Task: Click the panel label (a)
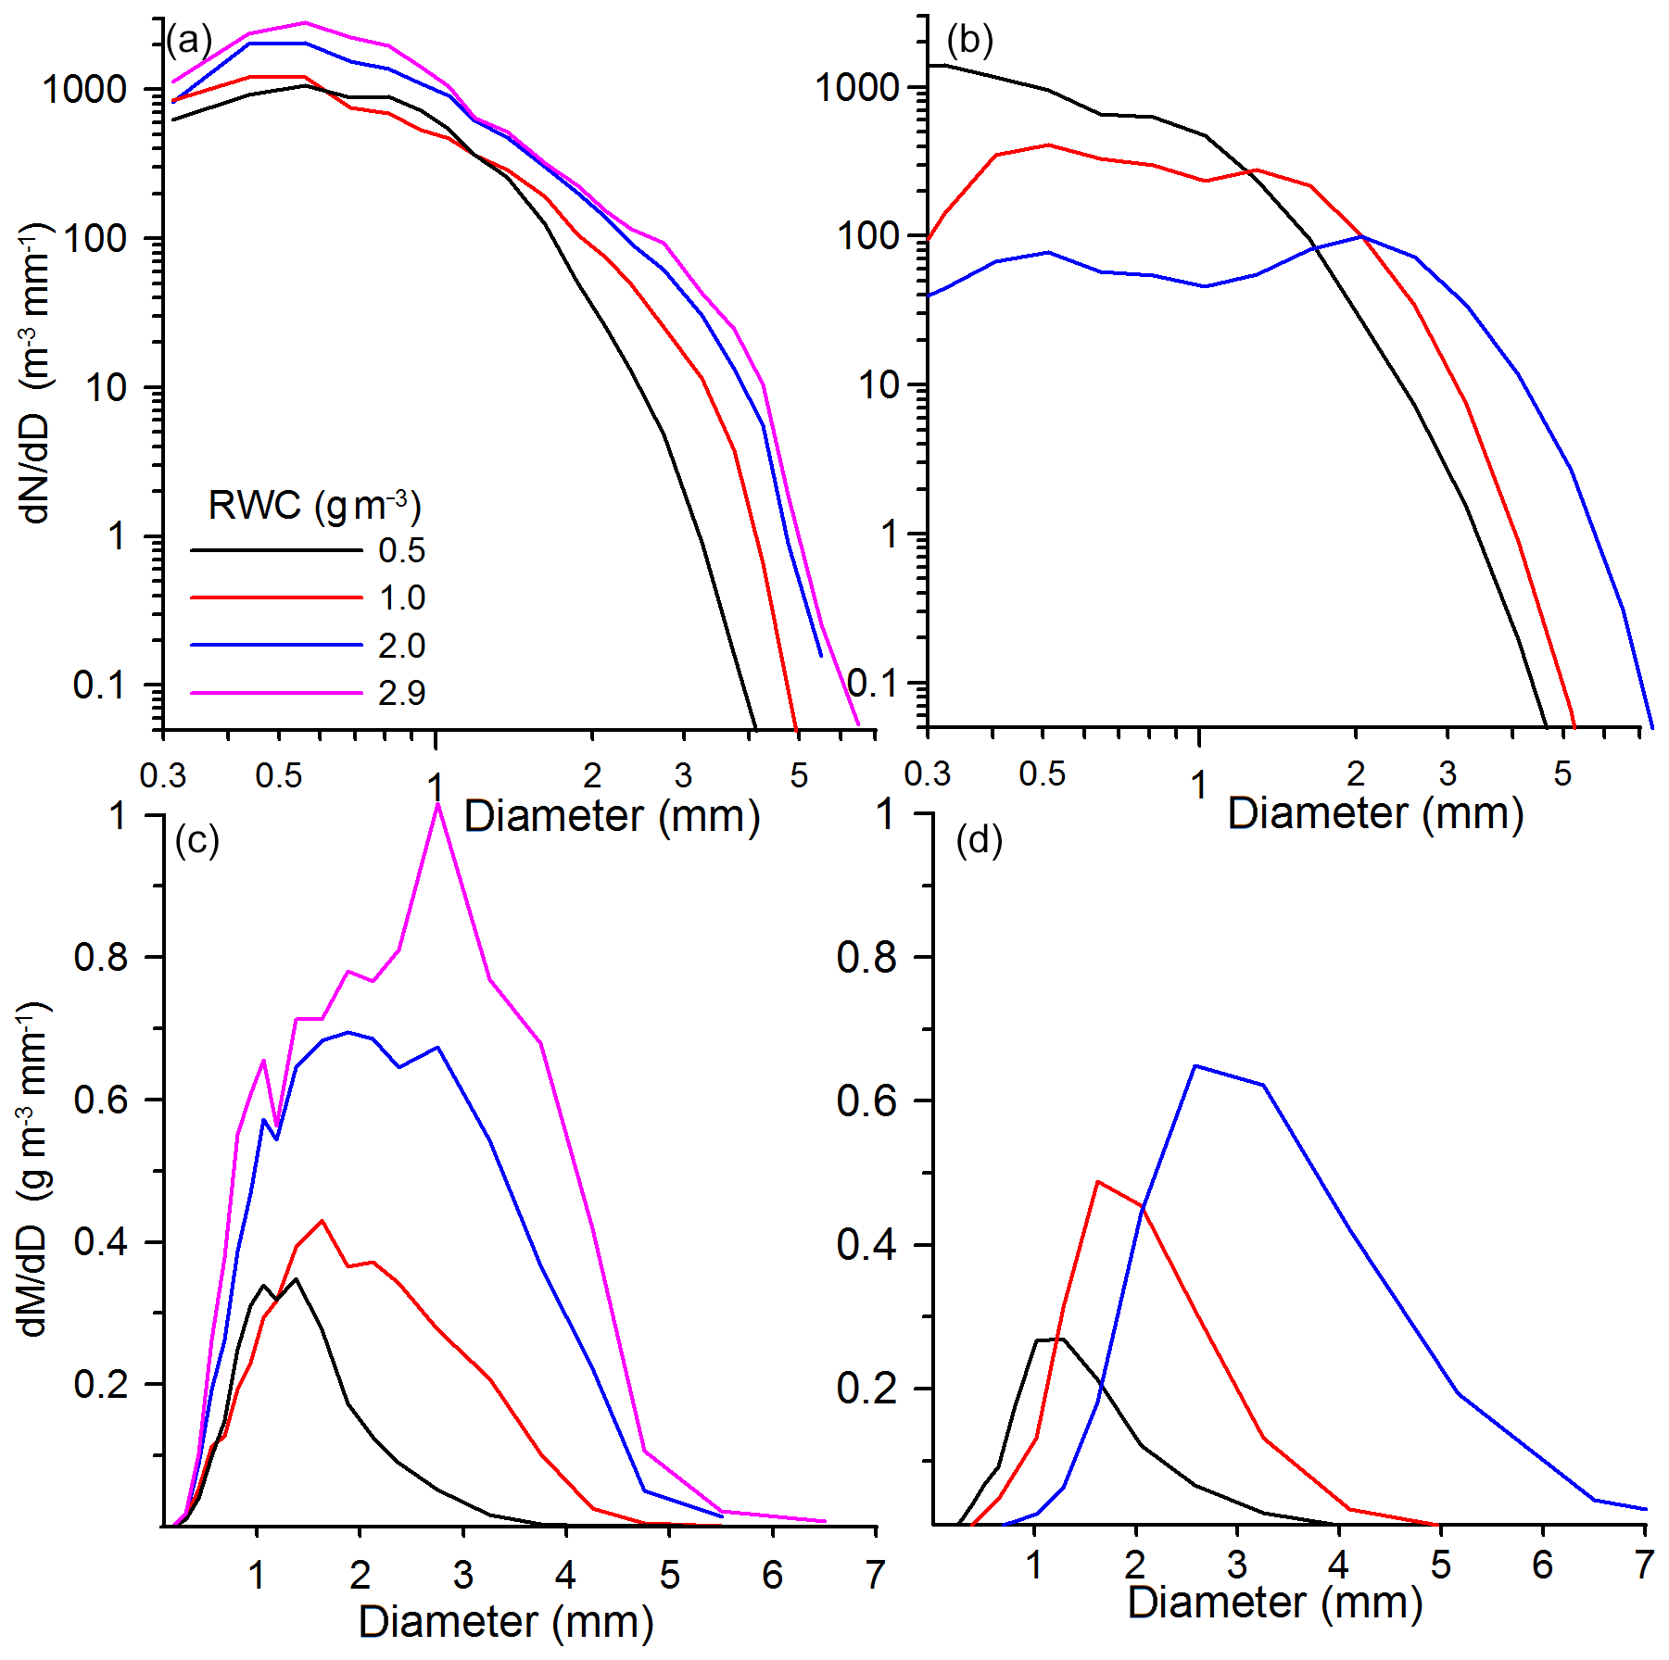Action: [189, 41]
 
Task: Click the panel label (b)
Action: [969, 40]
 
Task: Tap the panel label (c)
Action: [196, 840]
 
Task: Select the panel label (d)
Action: [979, 840]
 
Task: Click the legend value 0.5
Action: [401, 551]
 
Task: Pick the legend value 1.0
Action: [401, 598]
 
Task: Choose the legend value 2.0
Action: [401, 646]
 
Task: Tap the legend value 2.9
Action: [401, 693]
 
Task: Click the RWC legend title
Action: [314, 506]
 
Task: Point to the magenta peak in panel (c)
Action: [437, 804]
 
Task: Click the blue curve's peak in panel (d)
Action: [1195, 1066]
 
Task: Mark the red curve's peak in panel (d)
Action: [1098, 1182]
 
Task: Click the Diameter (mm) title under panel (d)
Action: [1274, 1603]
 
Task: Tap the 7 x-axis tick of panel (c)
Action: [875, 1575]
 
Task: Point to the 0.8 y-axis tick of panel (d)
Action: [866, 958]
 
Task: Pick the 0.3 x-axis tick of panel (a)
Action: [163, 775]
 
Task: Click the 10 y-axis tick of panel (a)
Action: [106, 388]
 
